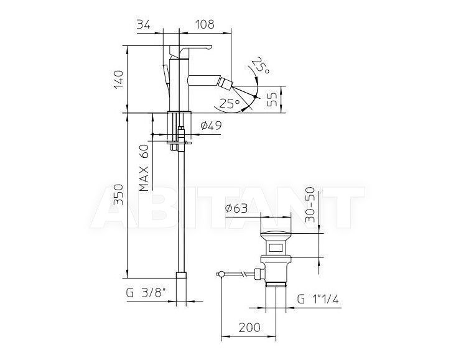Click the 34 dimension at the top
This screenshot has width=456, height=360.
click(x=143, y=25)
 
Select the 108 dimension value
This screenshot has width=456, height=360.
click(x=204, y=24)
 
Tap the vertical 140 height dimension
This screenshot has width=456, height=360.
click(x=118, y=80)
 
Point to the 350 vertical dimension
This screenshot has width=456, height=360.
click(x=118, y=195)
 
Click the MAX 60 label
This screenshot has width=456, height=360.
click(x=144, y=168)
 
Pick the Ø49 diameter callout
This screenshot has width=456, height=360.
click(x=211, y=126)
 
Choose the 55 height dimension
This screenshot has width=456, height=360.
click(x=272, y=99)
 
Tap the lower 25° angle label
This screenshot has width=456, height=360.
click(x=230, y=103)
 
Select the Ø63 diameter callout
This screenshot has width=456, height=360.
click(x=236, y=208)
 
